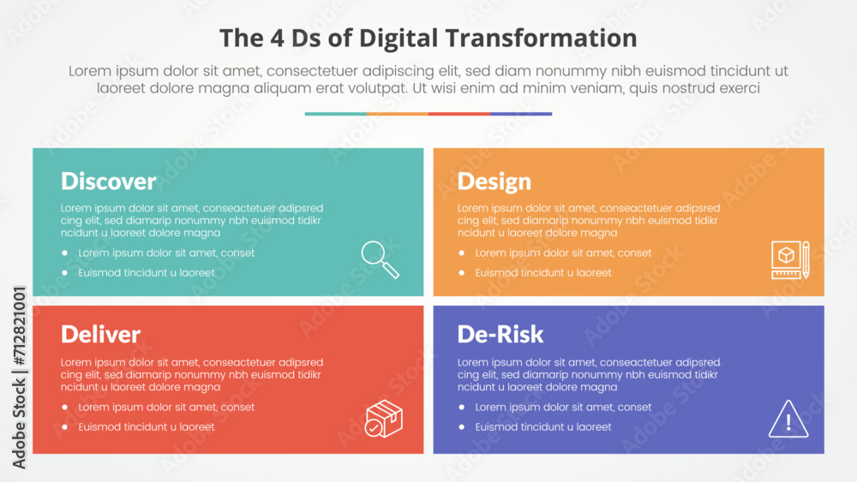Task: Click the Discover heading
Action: (108, 181)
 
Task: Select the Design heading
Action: (494, 181)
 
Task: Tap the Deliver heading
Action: (100, 334)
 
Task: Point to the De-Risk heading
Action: (500, 334)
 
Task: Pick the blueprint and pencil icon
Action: (790, 259)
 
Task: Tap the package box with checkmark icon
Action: (384, 419)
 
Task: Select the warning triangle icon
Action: (788, 420)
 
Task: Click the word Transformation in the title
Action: (541, 39)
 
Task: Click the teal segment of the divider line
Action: (336, 114)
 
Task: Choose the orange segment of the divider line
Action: (398, 114)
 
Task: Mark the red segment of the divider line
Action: (459, 114)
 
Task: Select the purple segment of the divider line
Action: (521, 114)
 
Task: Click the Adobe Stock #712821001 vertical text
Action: (19, 378)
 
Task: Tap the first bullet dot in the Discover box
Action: (65, 253)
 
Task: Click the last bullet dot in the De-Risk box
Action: (462, 427)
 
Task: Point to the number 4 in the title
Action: (277, 39)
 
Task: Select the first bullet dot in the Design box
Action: (462, 253)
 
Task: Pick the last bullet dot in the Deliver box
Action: (65, 427)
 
